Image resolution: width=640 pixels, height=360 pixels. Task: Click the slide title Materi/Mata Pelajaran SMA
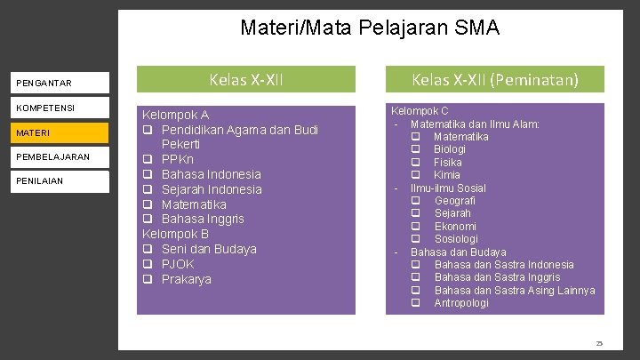click(x=370, y=28)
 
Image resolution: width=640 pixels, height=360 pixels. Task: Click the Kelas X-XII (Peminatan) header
click(x=494, y=80)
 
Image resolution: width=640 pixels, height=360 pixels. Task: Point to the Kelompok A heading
click(x=176, y=115)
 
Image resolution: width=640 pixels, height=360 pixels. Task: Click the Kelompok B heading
click(x=176, y=234)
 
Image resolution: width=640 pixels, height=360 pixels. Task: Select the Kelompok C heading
click(x=420, y=111)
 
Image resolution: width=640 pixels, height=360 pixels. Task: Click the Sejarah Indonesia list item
click(x=212, y=189)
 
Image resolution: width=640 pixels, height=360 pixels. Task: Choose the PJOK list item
click(x=178, y=264)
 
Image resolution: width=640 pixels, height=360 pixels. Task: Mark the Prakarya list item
click(x=187, y=279)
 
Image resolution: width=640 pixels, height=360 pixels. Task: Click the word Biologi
click(x=450, y=149)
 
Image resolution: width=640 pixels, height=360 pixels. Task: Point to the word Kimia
click(x=447, y=175)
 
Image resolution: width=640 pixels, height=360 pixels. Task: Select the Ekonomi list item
click(x=455, y=226)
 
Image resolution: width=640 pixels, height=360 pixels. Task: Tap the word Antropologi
click(x=461, y=303)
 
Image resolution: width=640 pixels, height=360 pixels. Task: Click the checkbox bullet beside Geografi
click(x=415, y=201)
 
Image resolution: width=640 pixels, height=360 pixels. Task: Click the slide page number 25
click(x=599, y=343)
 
